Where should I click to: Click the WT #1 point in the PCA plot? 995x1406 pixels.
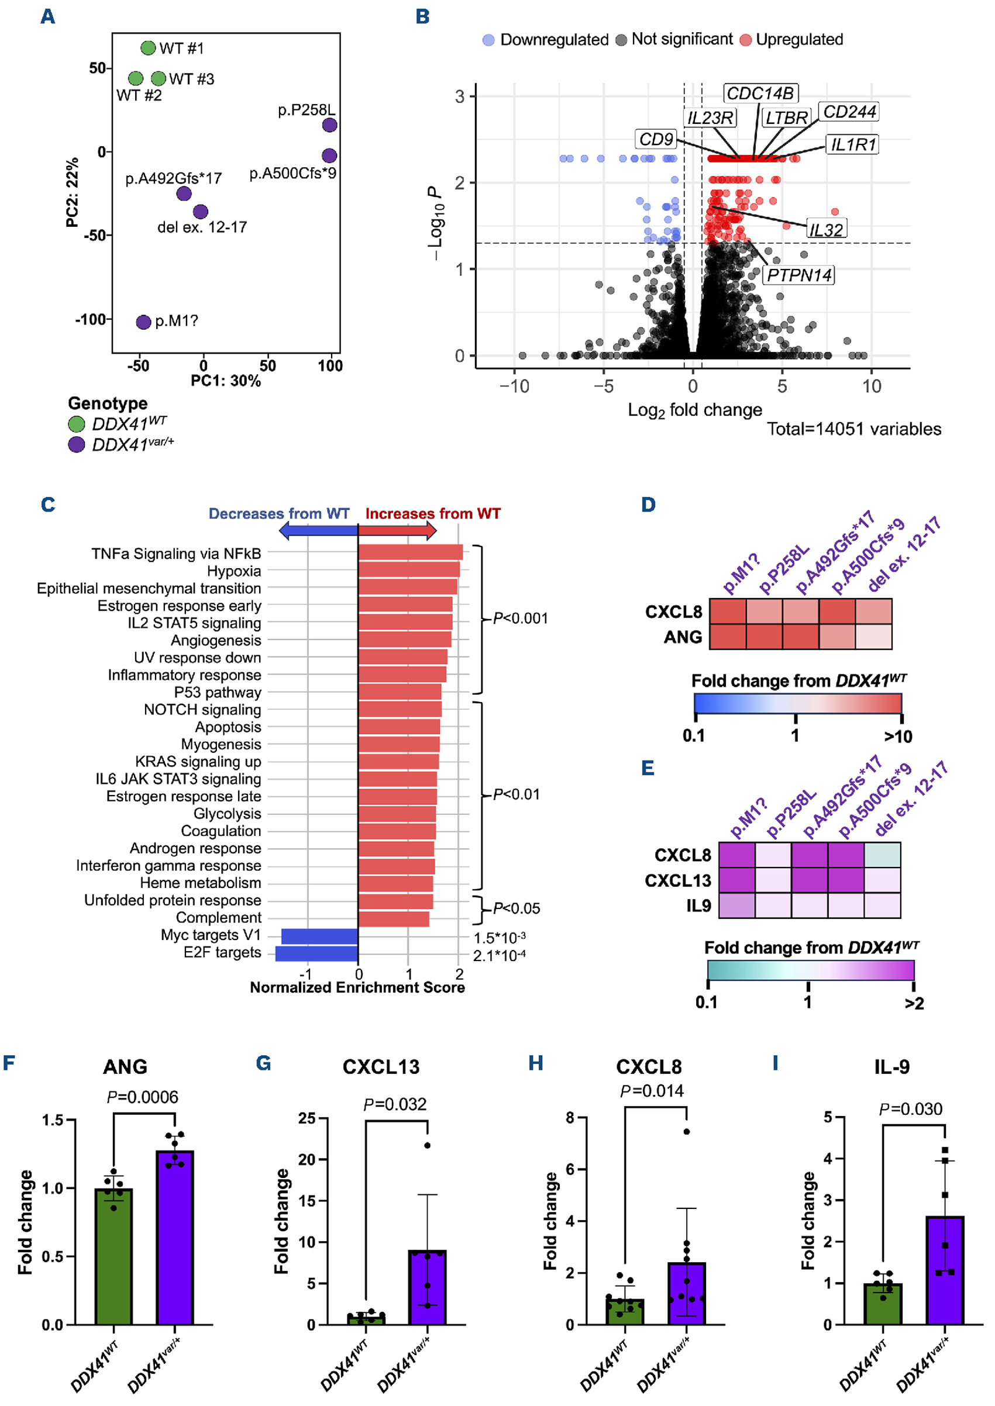coord(147,48)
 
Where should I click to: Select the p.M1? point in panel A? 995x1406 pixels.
coord(143,322)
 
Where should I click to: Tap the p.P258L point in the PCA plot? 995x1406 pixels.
coord(330,125)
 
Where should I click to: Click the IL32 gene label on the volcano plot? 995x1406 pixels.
coord(825,230)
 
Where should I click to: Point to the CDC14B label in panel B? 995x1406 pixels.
coord(760,94)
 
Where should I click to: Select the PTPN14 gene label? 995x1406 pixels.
coord(799,275)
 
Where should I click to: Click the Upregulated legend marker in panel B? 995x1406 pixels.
coord(745,40)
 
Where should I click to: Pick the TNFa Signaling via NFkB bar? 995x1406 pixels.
coord(410,552)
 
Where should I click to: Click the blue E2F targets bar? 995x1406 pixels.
coord(317,954)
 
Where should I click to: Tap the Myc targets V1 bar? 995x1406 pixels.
coord(319,937)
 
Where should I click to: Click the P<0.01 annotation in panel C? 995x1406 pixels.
coord(516,795)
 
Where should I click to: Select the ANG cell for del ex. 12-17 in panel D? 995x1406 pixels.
coord(873,637)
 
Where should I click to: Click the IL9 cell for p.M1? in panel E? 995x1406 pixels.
coord(736,905)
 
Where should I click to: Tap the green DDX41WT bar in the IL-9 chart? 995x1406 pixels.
coord(882,1304)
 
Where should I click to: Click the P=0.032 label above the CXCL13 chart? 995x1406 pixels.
coord(395,1104)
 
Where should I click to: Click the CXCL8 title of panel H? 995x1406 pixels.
coord(648,1067)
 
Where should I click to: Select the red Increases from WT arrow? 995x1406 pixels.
coord(397,530)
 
